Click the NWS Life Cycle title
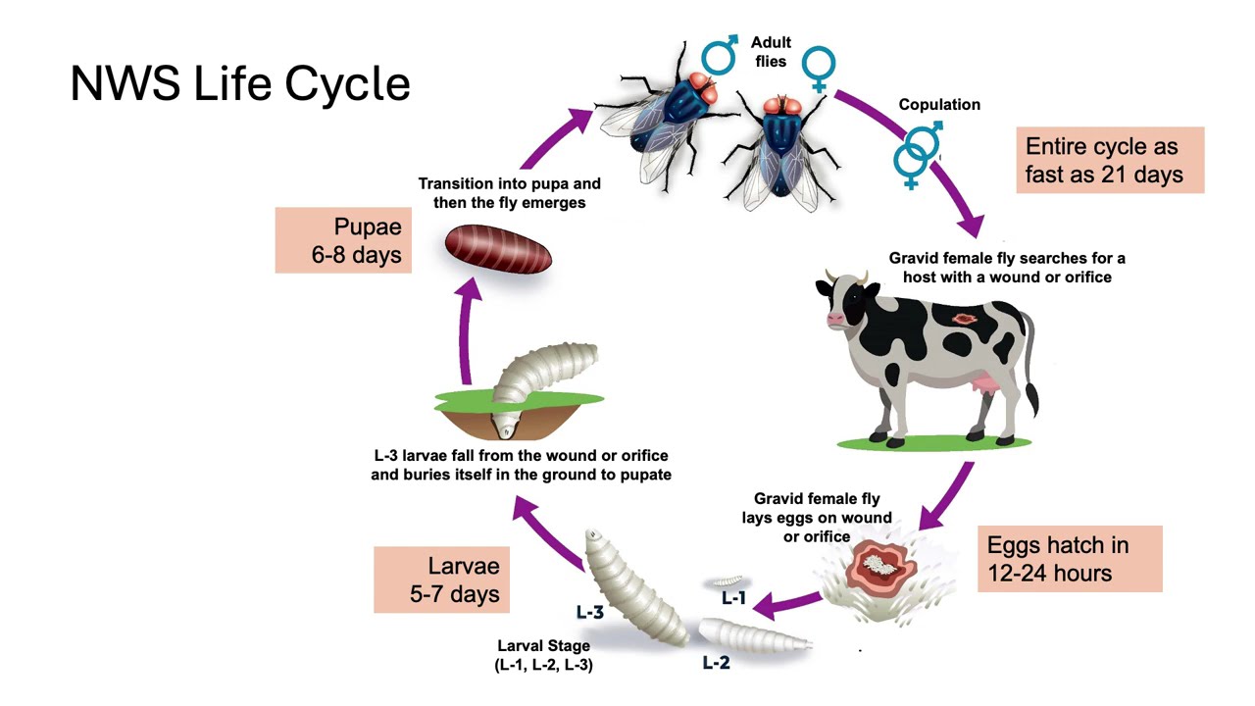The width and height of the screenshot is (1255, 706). (240, 83)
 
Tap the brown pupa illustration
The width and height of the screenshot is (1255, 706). (498, 249)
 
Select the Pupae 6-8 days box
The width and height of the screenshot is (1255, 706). (343, 240)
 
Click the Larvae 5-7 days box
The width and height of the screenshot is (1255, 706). (441, 580)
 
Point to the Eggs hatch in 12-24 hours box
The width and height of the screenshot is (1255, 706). (1070, 559)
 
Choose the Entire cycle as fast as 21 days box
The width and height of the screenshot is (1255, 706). (1111, 160)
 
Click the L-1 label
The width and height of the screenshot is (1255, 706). (733, 598)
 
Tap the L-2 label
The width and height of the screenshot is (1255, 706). (716, 663)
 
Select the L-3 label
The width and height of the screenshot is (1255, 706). (590, 612)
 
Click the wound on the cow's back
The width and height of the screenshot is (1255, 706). (964, 320)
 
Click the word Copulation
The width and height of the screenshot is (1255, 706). (939, 105)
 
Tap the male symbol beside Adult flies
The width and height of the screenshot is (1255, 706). (719, 55)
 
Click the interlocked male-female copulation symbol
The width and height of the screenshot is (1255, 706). (917, 154)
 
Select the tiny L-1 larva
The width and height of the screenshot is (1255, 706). (728, 581)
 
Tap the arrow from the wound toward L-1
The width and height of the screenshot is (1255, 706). (786, 605)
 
